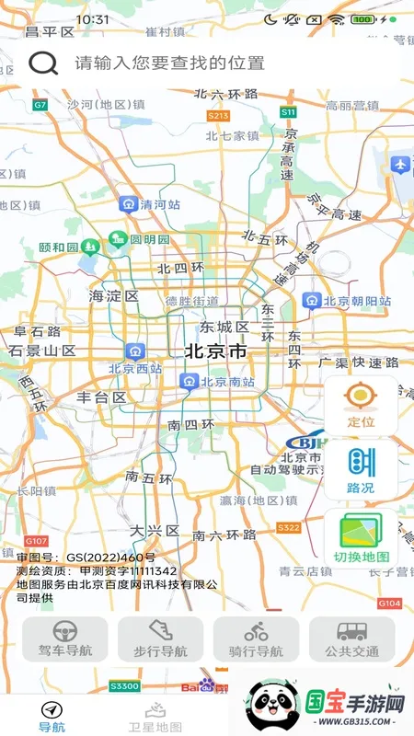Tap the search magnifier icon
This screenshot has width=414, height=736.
click(43, 63)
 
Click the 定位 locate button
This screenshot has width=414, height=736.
click(361, 405)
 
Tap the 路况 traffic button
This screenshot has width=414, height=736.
click(361, 469)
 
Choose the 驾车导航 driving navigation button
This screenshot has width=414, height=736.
click(64, 638)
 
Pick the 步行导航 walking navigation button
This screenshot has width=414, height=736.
click(160, 638)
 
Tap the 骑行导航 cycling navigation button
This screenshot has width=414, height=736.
click(256, 638)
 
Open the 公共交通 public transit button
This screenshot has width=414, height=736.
click(351, 638)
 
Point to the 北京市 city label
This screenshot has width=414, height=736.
click(215, 351)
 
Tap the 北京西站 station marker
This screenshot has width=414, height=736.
click(136, 351)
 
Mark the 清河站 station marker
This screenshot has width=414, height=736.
click(129, 205)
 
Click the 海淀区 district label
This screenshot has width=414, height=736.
click(113, 296)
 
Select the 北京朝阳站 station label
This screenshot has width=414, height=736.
click(314, 301)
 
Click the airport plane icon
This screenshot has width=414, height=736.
click(399, 165)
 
